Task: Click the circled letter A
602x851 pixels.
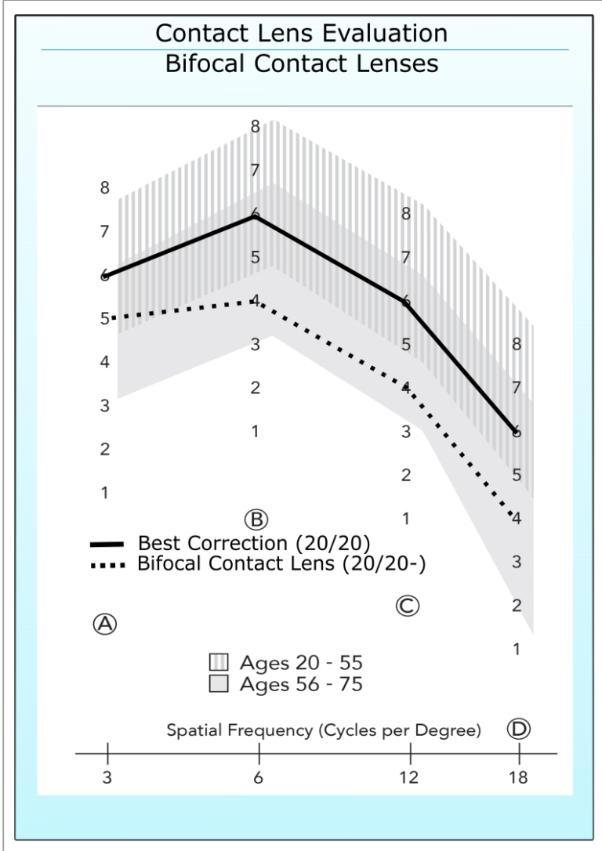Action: pos(105,623)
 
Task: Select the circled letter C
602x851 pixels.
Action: pos(407,604)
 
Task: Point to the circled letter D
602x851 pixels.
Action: pos(519,729)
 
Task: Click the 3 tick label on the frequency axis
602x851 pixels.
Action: pos(107,779)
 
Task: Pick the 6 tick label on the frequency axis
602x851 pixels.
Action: pos(259,779)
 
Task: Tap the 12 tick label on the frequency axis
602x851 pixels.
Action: pos(410,779)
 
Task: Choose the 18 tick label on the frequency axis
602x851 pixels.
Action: pos(519,779)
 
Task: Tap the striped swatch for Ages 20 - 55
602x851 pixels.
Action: pos(219,664)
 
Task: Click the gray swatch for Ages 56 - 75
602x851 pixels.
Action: pos(219,684)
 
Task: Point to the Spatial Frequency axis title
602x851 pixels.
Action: pos(324,730)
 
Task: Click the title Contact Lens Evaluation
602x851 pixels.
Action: pos(302,34)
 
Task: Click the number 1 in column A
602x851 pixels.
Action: pos(103,493)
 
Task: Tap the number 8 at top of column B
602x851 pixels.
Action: pos(255,126)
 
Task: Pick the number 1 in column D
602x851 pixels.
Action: pos(517,649)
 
